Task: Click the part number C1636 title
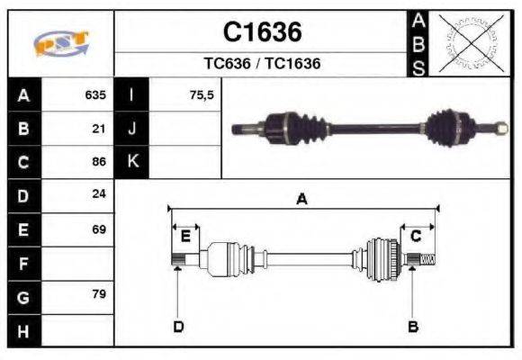pos(262,32)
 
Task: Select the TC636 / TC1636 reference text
pos(262,64)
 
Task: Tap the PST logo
pos(61,44)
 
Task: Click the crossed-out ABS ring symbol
pos(469,43)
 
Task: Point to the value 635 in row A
pos(95,94)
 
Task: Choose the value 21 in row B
pos(99,128)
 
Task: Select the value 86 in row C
pos(99,162)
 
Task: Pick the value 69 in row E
pos(99,229)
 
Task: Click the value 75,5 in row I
pos(202,94)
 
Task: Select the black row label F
pos(23,264)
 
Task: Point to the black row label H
pos(23,331)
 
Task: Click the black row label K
pos(132,162)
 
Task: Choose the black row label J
pos(132,128)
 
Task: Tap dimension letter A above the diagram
pos(302,200)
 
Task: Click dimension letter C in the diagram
pos(416,236)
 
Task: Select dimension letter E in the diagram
pos(185,236)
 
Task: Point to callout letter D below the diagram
pos(178,326)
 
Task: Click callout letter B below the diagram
pos(413,326)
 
